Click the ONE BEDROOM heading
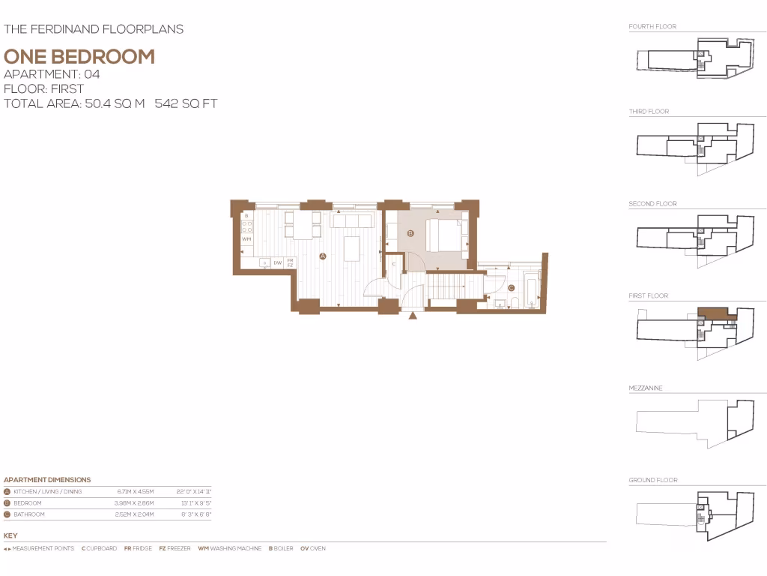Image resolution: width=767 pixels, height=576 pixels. [79, 56]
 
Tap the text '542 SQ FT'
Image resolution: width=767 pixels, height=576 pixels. [186, 103]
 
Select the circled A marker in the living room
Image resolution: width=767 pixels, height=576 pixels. [323, 256]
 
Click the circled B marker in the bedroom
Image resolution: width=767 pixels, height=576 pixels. [410, 234]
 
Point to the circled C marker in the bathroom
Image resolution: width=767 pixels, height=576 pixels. [511, 288]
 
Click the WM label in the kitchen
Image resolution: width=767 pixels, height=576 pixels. [246, 239]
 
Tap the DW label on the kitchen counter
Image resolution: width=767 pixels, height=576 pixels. [277, 262]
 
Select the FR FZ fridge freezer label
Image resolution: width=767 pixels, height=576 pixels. [290, 262]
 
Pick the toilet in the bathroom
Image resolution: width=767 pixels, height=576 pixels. [515, 303]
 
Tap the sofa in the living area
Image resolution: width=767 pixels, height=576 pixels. [352, 221]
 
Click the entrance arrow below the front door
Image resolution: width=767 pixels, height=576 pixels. [413, 316]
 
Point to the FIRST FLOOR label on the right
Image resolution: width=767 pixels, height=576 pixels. [648, 296]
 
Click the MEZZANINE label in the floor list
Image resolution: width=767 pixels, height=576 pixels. [646, 388]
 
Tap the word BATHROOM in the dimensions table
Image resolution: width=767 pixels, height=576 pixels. [29, 514]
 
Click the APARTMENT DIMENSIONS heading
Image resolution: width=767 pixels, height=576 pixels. [47, 480]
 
